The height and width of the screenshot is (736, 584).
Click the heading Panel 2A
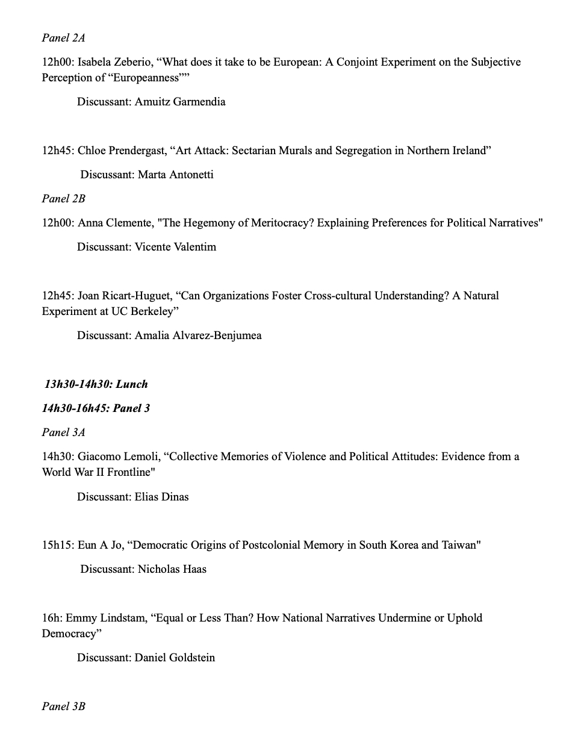[63, 38]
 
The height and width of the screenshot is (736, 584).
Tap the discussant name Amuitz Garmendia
[180, 102]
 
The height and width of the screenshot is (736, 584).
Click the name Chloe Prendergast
[123, 151]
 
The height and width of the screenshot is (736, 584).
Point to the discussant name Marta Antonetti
[176, 175]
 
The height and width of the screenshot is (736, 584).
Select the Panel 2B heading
[63, 199]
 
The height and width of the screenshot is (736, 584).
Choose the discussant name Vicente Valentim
[175, 247]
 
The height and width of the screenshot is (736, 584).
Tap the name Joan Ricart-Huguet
[125, 296]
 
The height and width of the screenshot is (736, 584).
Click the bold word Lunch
[132, 384]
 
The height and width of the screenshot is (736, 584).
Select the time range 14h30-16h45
[75, 408]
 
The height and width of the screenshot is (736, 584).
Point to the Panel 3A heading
[63, 432]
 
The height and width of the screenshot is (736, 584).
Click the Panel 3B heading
[63, 706]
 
